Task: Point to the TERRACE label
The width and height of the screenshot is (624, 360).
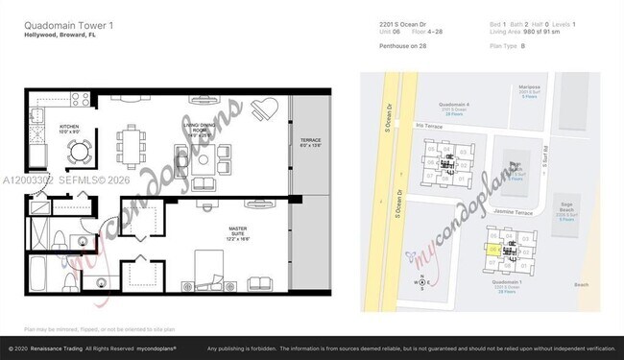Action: (309, 142)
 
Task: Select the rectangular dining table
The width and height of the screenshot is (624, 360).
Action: (132, 146)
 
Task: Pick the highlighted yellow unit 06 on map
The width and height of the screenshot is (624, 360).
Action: (493, 251)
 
